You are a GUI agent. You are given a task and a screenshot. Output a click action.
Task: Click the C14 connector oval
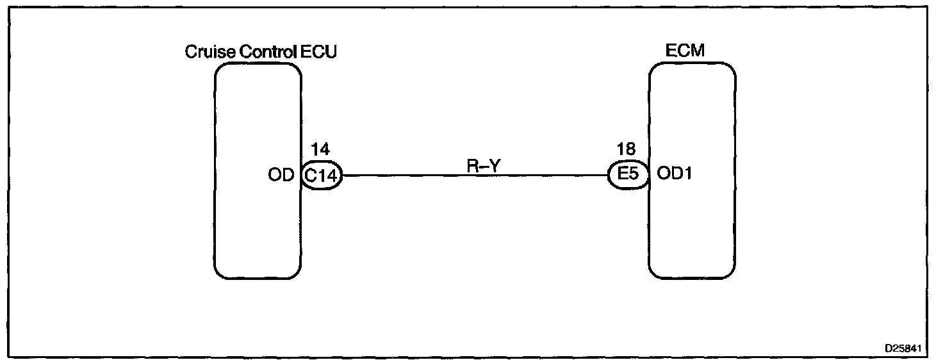click(x=321, y=175)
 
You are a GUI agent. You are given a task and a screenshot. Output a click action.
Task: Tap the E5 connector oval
click(x=628, y=175)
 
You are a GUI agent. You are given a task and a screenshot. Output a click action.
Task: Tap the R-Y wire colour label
click(x=484, y=166)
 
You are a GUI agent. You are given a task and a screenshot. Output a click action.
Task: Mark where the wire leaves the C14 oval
click(x=343, y=175)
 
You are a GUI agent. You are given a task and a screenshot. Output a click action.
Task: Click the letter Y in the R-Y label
click(x=495, y=166)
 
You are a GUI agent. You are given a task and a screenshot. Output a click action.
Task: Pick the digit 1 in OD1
click(x=687, y=175)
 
